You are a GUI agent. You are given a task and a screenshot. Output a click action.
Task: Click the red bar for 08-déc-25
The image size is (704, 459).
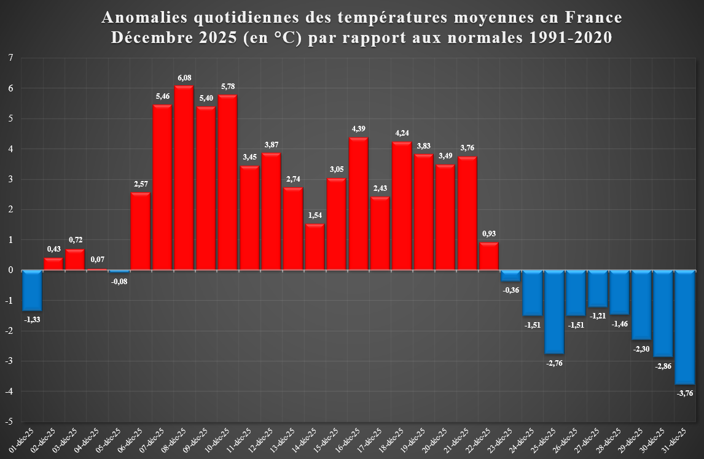[x=184, y=178]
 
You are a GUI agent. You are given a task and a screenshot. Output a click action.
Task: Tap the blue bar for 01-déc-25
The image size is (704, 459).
[x=32, y=290]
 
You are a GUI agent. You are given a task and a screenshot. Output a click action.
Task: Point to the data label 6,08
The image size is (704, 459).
[x=184, y=78]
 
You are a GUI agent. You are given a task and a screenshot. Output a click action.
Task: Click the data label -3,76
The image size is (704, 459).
[x=684, y=393]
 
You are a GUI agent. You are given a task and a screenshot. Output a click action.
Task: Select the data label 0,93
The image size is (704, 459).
[x=489, y=234]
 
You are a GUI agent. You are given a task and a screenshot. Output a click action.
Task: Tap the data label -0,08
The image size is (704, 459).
[x=119, y=282]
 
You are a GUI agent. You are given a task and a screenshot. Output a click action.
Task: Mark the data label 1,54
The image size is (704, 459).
[x=315, y=216]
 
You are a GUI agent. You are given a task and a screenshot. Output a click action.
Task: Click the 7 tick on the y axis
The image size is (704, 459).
[x=10, y=58]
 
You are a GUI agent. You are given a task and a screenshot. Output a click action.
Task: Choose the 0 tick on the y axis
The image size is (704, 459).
[x=10, y=271]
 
